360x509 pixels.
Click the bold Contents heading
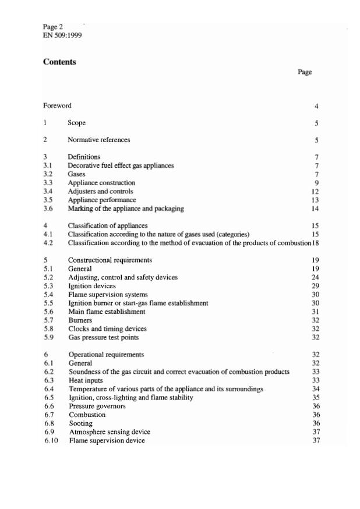point(59,62)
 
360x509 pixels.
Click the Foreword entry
point(57,106)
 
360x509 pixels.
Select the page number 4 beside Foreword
point(316,107)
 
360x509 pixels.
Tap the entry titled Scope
point(76,123)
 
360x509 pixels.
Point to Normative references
point(98,140)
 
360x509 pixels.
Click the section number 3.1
point(48,165)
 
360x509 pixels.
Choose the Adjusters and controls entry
point(100,191)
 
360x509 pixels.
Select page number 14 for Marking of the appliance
point(315,208)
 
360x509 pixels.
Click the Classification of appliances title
point(107,225)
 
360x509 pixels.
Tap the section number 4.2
point(48,242)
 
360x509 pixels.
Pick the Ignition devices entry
point(91,286)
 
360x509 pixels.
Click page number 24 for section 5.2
point(315,277)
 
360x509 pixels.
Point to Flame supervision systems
point(108,295)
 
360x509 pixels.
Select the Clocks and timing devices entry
point(107,329)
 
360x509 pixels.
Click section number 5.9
point(48,338)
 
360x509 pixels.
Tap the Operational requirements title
point(106,355)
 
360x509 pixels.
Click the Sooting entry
point(80,423)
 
